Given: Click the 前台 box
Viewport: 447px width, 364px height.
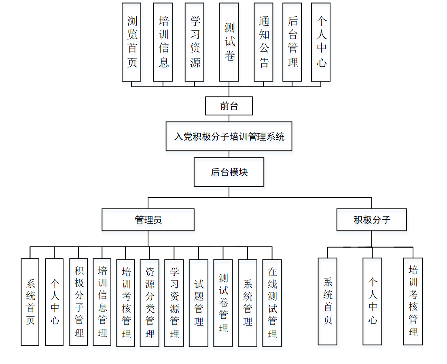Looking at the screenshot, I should point(229,106).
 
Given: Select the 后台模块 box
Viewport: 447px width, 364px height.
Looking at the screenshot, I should point(229,172).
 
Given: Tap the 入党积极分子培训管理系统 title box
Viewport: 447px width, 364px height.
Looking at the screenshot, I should point(229,137).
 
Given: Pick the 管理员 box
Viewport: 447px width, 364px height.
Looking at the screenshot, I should point(148,220).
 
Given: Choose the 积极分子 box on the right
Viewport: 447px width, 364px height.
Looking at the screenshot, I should point(371,220).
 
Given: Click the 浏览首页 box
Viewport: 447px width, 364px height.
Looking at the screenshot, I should point(132,42).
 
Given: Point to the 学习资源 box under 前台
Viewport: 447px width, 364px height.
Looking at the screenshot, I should point(195,42).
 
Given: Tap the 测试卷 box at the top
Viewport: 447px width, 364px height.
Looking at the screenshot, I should point(229,42).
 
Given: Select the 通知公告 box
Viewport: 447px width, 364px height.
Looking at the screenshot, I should point(263,42).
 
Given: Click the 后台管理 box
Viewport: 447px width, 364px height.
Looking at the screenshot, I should point(292,42).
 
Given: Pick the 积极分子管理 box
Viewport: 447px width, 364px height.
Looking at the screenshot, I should point(78,302).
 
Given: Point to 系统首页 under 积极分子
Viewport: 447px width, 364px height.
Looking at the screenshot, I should point(328,301).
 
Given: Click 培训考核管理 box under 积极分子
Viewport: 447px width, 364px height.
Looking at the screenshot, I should point(413,301).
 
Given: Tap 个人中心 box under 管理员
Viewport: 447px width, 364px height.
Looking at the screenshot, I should point(54,302).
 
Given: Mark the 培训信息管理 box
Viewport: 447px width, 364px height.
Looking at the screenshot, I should point(102,302).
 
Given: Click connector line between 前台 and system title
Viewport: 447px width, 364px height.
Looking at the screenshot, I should point(229,118).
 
